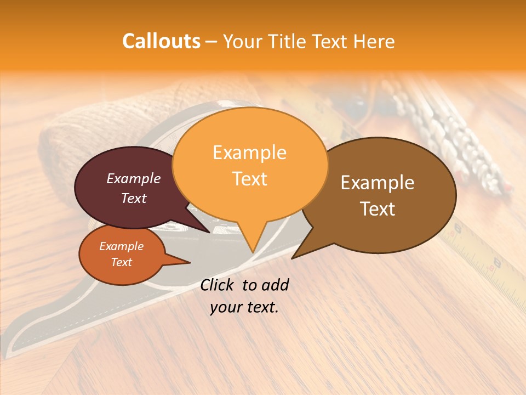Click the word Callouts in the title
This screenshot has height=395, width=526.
(161, 41)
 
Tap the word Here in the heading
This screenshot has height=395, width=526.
(374, 42)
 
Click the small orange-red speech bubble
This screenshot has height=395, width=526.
(122, 254)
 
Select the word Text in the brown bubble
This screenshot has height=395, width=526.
(378, 209)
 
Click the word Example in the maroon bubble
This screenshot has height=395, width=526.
(134, 178)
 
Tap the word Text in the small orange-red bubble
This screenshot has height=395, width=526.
(122, 262)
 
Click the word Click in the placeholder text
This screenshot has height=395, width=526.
(218, 285)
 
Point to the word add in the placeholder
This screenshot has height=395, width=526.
(275, 285)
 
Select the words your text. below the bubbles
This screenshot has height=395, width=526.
(244, 307)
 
